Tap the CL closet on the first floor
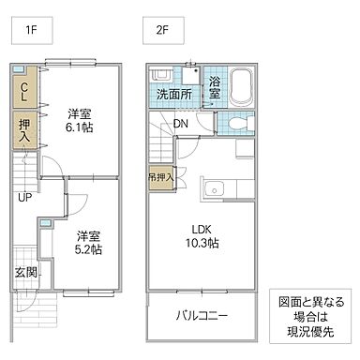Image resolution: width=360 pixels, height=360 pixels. coord(25,91)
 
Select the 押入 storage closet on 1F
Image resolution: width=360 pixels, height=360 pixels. coord(25,130)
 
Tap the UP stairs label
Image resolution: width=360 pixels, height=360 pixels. coord(25,198)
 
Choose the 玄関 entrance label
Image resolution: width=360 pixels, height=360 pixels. coord(25,273)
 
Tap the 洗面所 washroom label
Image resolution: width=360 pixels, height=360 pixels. coord(173,95)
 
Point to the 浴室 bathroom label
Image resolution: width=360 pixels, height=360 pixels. coord(215,87)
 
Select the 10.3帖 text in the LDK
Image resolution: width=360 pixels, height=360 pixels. coord(202,243)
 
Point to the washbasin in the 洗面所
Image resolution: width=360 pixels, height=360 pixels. coord(160,78)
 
